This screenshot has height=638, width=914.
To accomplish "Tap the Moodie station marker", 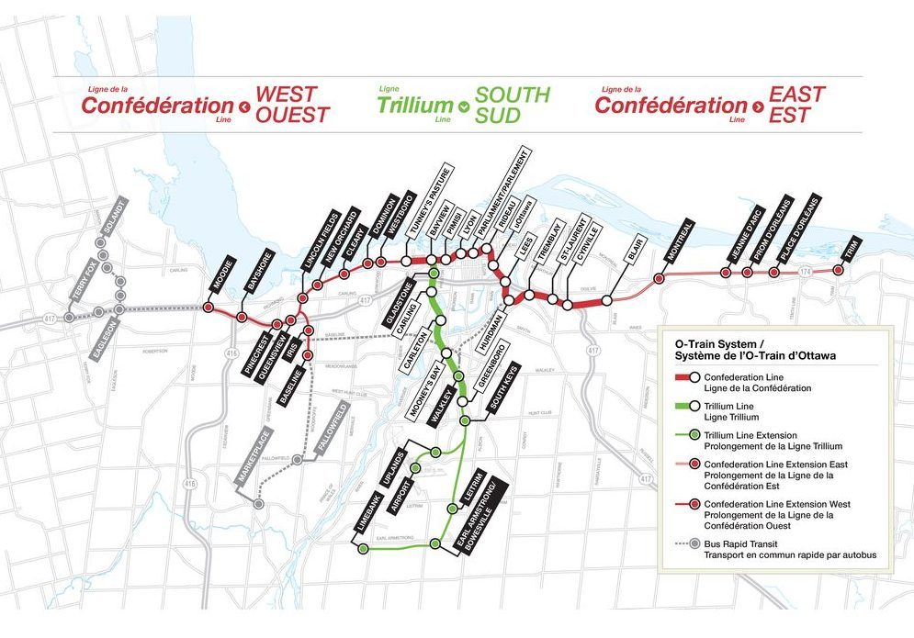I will [208, 307].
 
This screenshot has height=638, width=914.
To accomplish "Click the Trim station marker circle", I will [838, 270].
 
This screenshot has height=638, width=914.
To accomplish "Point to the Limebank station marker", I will [363, 549].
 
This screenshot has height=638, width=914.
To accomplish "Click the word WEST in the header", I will [286, 95].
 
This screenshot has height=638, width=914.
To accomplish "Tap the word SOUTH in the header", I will [513, 95].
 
